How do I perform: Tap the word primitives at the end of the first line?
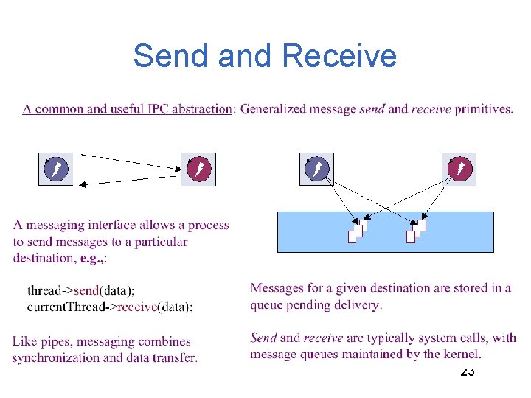point(483,109)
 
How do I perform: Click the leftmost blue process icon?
point(56,170)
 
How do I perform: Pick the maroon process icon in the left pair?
point(198,170)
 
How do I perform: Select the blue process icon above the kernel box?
point(316,170)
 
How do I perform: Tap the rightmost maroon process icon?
point(459,170)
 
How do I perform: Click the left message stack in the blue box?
point(358,230)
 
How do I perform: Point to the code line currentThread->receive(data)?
point(110,307)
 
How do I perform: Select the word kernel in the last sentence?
point(463,355)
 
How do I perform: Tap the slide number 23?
point(468,371)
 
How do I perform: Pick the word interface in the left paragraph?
point(114,226)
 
